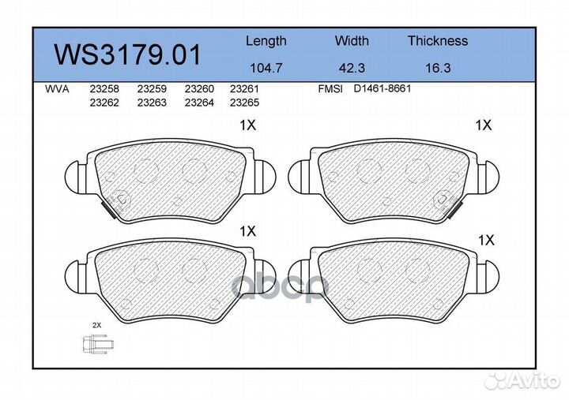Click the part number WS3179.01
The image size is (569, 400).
(x=127, y=55)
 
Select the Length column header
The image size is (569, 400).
(x=266, y=41)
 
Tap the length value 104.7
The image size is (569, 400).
(x=266, y=68)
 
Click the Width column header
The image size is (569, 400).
(x=352, y=41)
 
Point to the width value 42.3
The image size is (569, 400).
(x=352, y=68)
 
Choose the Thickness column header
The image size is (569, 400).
(x=437, y=41)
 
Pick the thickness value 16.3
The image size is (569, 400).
(x=437, y=68)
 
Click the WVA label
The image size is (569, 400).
(x=57, y=89)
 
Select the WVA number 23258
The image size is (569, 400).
(x=104, y=89)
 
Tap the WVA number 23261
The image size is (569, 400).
(x=244, y=89)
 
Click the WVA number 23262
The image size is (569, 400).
(x=104, y=103)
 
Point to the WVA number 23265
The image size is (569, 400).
(x=244, y=103)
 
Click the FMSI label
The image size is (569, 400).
(x=330, y=89)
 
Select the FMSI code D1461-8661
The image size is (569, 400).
(x=382, y=89)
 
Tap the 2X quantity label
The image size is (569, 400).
(x=96, y=325)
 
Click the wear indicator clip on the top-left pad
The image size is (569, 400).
(x=111, y=206)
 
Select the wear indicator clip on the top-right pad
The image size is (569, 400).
(x=455, y=207)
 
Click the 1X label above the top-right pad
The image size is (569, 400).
(x=484, y=125)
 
